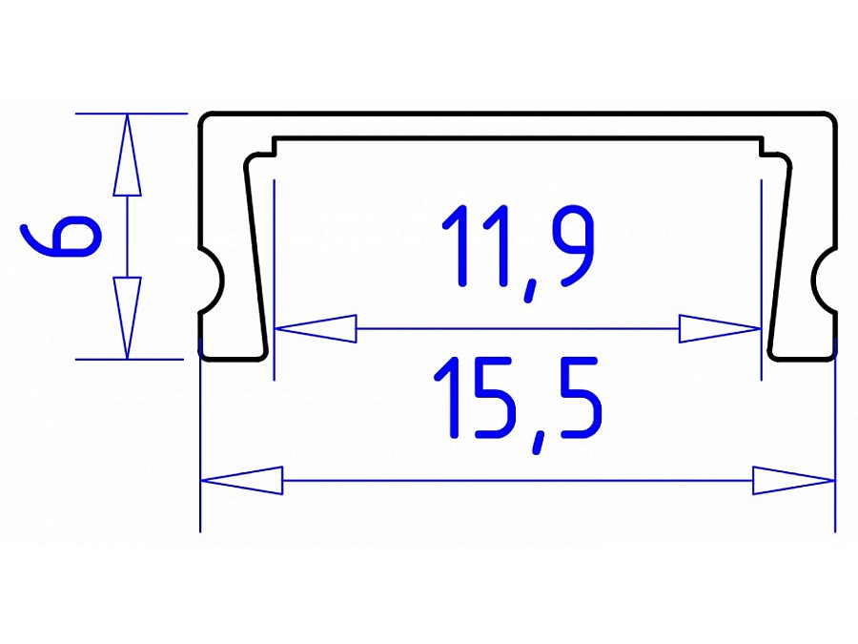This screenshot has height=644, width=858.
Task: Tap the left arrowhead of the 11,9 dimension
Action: (315, 329)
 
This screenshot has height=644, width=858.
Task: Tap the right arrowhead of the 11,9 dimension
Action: (720, 329)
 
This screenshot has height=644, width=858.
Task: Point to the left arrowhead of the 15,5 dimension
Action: (243, 480)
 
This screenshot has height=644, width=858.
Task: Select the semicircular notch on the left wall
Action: (212, 283)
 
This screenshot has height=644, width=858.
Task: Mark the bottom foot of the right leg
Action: (801, 355)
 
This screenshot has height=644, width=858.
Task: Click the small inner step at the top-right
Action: (764, 145)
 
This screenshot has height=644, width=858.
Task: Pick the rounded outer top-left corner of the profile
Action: (206, 119)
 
